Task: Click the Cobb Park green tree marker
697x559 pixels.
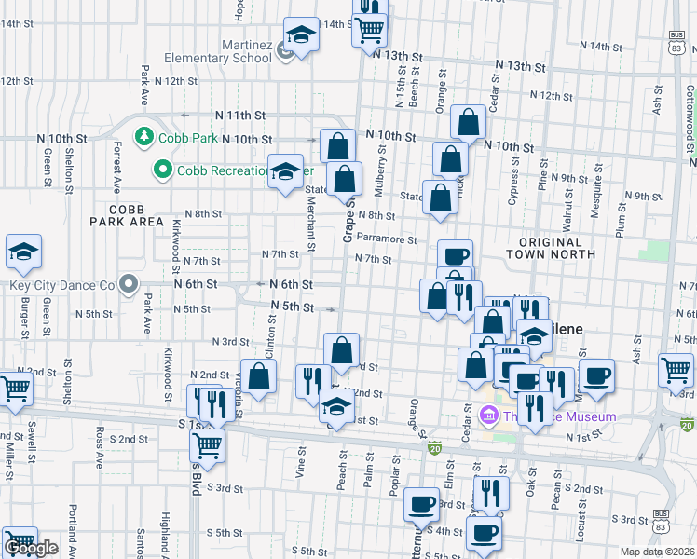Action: point(144,138)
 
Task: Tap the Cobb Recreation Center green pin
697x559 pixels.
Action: point(163,170)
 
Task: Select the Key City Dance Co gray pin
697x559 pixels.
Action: point(129,284)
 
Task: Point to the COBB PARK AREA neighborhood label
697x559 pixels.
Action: point(128,215)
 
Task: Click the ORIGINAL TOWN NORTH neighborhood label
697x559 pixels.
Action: point(551,247)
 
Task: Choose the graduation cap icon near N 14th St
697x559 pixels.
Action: point(300,35)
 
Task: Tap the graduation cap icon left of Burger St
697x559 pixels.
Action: point(23,252)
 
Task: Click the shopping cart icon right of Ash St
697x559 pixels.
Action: point(676,370)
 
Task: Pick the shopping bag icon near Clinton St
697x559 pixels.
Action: point(258,377)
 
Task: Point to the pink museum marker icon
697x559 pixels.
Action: point(485,415)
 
